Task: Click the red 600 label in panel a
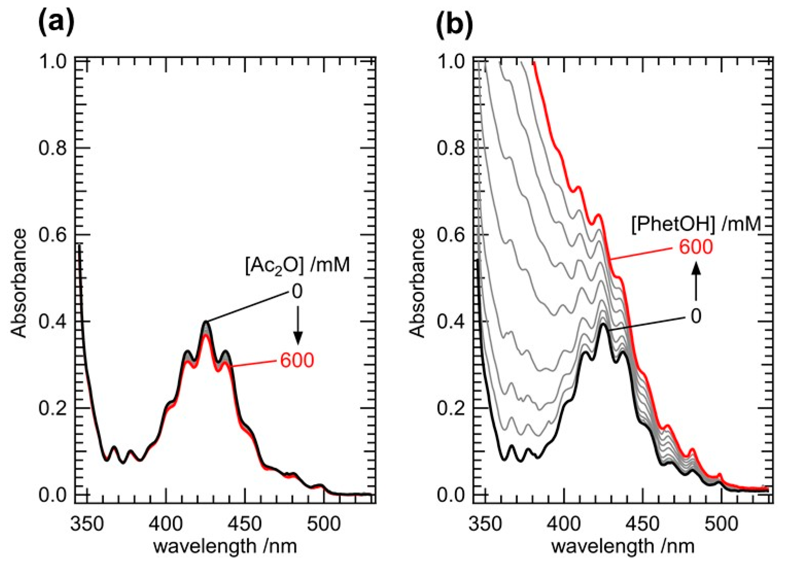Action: point(297,361)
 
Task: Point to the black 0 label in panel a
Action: point(297,292)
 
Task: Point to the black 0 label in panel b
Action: point(696,316)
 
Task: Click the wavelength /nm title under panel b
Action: point(623,546)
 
